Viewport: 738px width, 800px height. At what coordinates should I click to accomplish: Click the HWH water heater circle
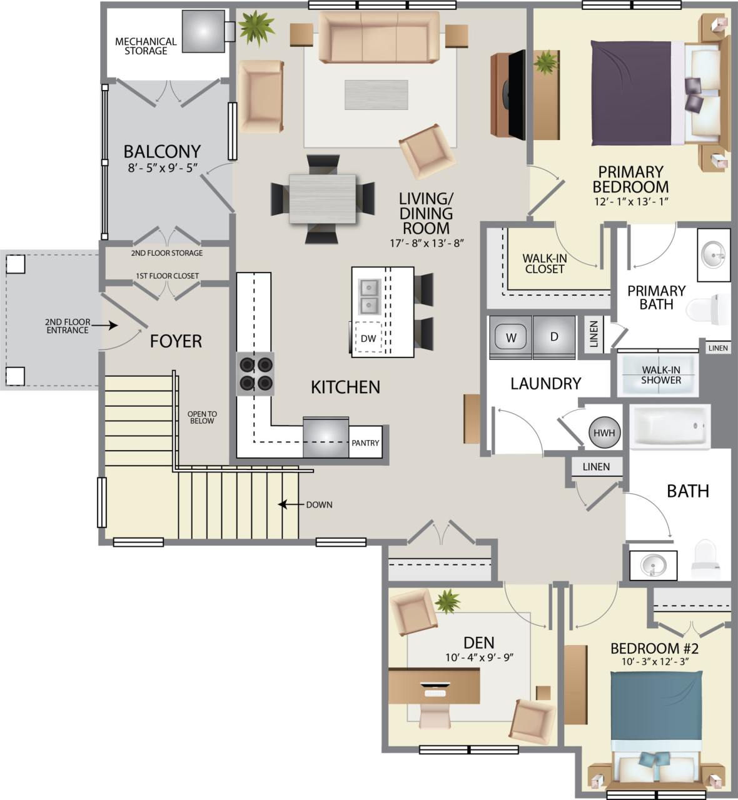[604, 432]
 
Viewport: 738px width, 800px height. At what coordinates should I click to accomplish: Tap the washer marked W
[511, 337]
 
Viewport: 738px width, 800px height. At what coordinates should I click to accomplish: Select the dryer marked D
[553, 337]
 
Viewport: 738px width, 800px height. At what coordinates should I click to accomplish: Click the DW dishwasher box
[368, 338]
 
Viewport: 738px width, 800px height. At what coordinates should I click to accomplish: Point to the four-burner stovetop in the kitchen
[255, 373]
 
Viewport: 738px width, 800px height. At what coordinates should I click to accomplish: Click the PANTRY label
[365, 442]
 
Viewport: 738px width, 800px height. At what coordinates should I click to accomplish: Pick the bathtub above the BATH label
[670, 426]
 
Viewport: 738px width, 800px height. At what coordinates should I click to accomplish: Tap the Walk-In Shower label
[660, 375]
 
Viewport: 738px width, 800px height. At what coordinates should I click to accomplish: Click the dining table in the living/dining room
[323, 199]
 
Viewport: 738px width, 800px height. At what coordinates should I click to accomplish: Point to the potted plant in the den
[447, 602]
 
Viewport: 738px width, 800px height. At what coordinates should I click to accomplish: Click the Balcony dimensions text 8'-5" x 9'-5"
[162, 167]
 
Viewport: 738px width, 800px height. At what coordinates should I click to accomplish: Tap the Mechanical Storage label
[146, 46]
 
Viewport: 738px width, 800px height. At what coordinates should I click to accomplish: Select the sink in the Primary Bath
[714, 254]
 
